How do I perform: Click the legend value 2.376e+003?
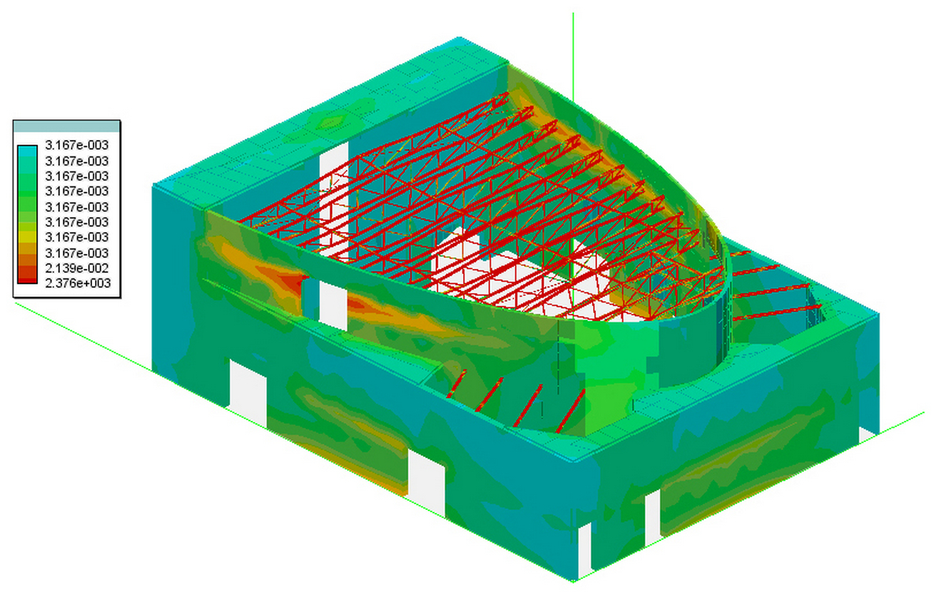coord(78,283)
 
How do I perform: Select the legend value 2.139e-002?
coord(77,268)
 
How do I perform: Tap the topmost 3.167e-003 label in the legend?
coord(77,145)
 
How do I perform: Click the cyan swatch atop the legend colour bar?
coord(28,151)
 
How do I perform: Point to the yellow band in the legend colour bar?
coord(28,238)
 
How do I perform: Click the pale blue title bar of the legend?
coord(67,127)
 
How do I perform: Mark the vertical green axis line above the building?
coord(573,57)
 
